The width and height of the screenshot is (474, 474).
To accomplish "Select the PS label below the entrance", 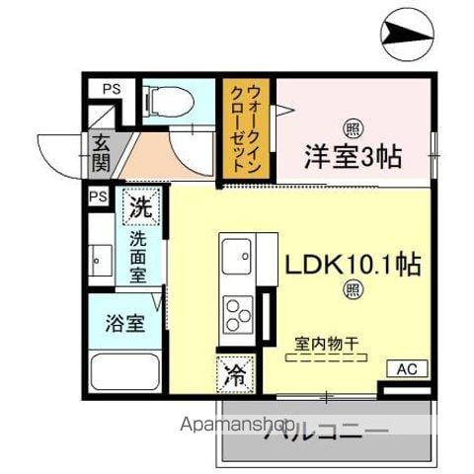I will point(98,197).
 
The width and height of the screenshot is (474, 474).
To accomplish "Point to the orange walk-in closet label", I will point(248,124).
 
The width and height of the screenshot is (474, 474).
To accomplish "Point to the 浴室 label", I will point(125,323).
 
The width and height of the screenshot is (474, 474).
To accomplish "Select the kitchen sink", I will point(236,258).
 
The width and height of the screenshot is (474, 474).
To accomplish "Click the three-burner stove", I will point(238,315).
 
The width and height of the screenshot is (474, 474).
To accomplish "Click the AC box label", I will point(407,369).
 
